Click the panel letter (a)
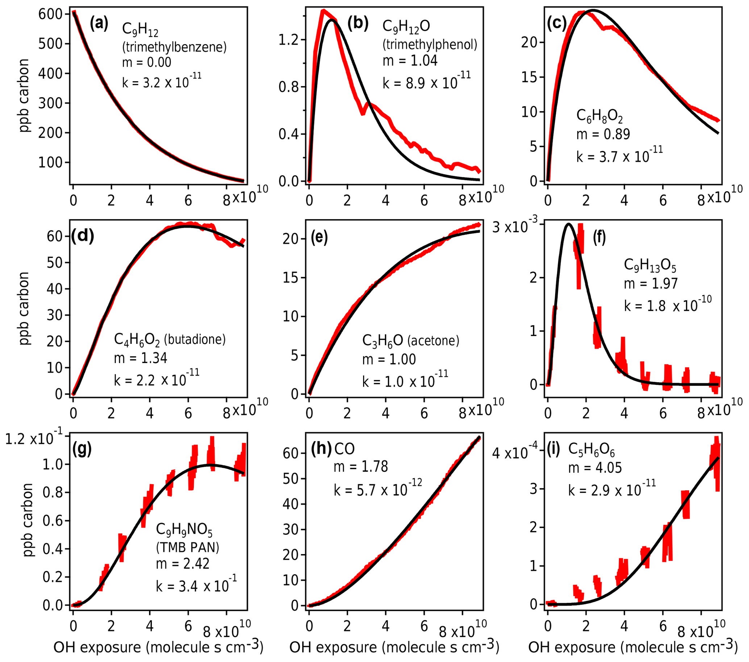[x=99, y=24]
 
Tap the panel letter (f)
[x=599, y=238]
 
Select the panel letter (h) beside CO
[x=321, y=449]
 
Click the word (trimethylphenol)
[x=430, y=44]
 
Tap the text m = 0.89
[x=603, y=134]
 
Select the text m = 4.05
[x=595, y=468]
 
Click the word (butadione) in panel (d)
[x=195, y=340]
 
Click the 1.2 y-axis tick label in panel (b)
[x=289, y=39]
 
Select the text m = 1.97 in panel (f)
[x=650, y=283]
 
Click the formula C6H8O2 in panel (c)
[x=599, y=116]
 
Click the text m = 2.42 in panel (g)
[x=183, y=563]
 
